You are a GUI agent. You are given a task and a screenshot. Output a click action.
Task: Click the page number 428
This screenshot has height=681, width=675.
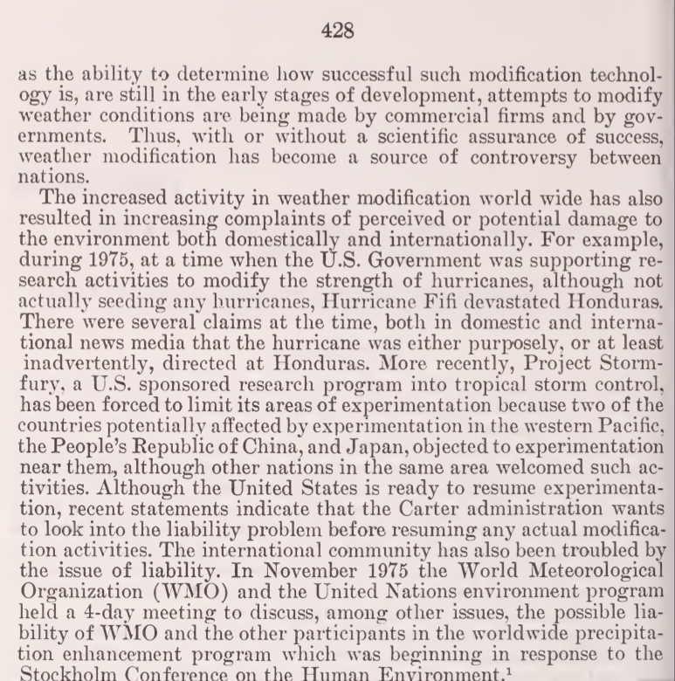(x=337, y=31)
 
